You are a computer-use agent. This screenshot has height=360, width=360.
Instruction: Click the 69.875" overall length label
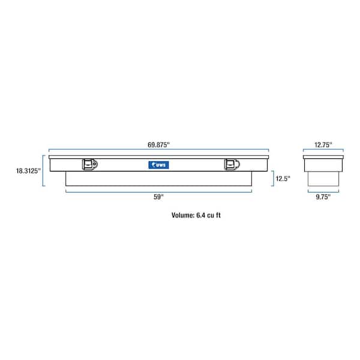[x=158, y=145]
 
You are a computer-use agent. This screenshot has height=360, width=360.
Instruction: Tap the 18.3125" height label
[x=28, y=171]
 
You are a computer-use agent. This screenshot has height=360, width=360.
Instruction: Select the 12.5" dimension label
[x=283, y=178]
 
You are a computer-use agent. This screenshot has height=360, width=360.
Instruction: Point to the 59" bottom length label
[x=158, y=197]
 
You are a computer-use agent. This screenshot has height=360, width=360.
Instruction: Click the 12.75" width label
[x=323, y=145]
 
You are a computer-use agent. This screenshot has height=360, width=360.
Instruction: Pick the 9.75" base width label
[x=323, y=197]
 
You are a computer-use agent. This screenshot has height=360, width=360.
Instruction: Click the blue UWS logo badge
[x=158, y=165]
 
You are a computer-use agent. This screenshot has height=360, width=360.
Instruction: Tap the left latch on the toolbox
[x=90, y=164]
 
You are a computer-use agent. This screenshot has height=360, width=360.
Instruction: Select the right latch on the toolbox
[x=232, y=164]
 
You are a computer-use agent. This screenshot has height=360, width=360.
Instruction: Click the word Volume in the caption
[x=183, y=215]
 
